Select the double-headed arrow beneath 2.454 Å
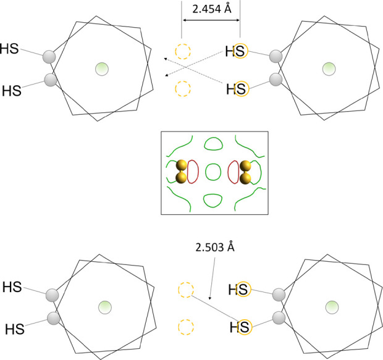(211, 20)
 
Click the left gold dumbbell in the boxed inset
(182, 172)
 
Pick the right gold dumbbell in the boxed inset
(245, 172)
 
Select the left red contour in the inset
(193, 172)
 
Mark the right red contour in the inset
(234, 172)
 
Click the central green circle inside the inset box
(213, 172)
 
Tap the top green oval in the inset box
(213, 144)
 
